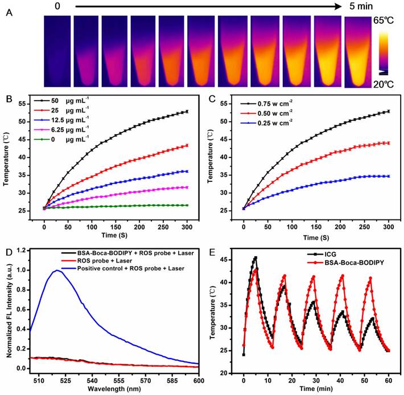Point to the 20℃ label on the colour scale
[x=389, y=82]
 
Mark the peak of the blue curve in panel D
[x=56, y=271]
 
